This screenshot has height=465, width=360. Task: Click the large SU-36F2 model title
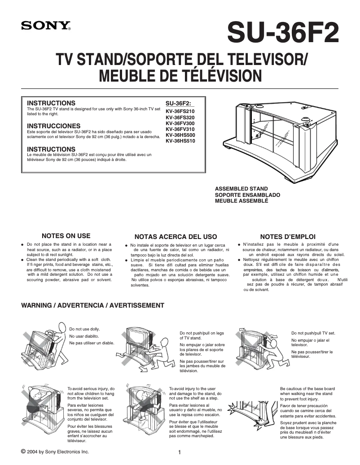pos(283,33)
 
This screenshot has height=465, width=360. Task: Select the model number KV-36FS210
pos(180,112)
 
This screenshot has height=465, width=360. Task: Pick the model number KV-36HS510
pos(180,141)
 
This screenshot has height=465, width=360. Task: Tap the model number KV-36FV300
pos(180,123)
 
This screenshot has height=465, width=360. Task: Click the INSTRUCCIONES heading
pos(54,126)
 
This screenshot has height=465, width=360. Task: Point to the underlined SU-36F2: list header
pos(178,103)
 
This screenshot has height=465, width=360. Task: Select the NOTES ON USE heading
pos(66,236)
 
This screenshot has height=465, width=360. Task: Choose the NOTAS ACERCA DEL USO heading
pos(176,236)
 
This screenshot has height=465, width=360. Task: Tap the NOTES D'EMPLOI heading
pos(288,236)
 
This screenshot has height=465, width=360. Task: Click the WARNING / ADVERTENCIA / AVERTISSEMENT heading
pos(93,305)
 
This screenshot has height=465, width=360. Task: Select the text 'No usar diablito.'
pos(84,336)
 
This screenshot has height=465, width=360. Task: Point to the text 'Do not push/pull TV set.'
pos(313,333)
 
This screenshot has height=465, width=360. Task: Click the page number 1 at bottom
pos(180,452)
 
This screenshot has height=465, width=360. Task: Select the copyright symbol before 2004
pos(23,451)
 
